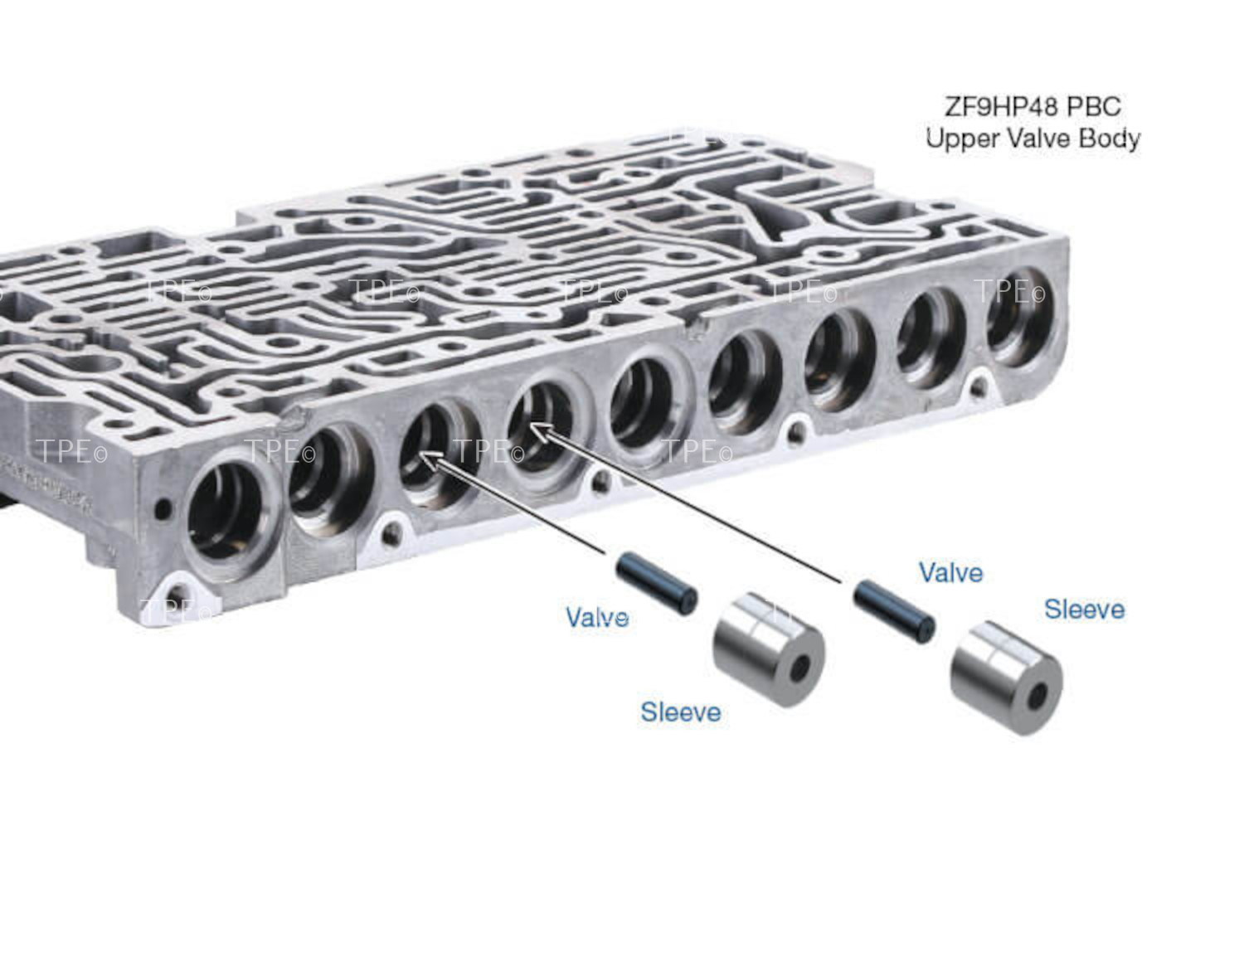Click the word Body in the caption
pos(1109,138)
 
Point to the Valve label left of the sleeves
pos(596,617)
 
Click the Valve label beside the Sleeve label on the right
pos(950,572)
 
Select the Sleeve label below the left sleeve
pos(680,712)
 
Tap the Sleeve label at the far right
pos(1084,610)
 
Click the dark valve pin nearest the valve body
pos(656,584)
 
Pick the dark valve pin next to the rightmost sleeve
pos(894,611)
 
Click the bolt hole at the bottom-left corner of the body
pos(177,594)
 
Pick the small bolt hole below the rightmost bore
pos(980,384)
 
